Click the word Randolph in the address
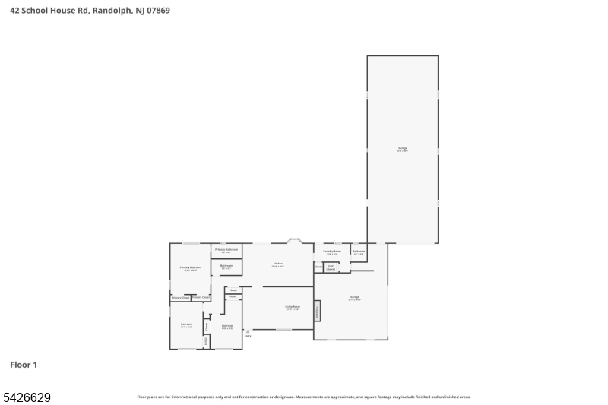[109, 11]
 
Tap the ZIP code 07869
[157, 11]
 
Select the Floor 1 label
[24, 365]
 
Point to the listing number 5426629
[27, 397]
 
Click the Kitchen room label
[278, 264]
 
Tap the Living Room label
[292, 307]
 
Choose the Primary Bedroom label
[190, 267]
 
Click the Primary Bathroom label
[226, 249]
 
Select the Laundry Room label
[331, 252]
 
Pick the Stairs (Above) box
[331, 267]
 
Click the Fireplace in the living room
[317, 311]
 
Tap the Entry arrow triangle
[248, 331]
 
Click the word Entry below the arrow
[248, 336]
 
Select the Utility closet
[206, 341]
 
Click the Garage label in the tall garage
[402, 148]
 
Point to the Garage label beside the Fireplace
[354, 297]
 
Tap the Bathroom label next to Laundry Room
[359, 252]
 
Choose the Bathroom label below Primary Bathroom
[226, 266]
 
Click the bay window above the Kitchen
[295, 241]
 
